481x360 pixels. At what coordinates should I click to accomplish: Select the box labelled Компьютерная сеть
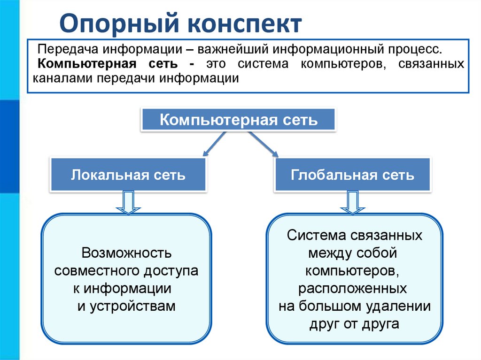[x=239, y=120]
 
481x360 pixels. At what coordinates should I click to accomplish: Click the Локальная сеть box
[x=128, y=176]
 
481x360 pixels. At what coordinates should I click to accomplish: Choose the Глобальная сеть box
[x=352, y=176]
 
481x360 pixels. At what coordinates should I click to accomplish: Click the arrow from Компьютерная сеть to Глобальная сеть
[x=264, y=144]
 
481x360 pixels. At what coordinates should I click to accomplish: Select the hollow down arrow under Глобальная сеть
[x=352, y=202]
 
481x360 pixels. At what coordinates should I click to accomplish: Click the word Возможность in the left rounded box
[x=126, y=253]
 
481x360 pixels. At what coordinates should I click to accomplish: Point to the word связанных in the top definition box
[x=432, y=64]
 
